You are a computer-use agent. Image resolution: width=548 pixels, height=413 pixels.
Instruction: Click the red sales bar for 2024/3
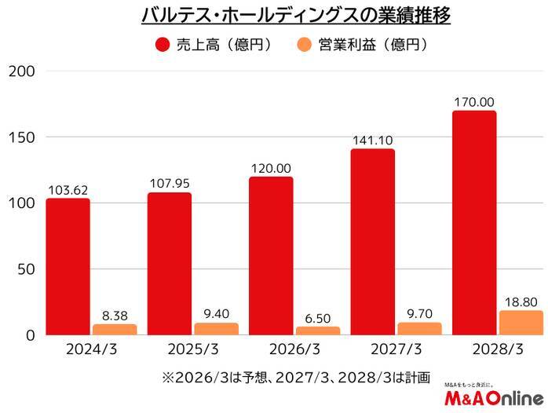[x=68, y=267]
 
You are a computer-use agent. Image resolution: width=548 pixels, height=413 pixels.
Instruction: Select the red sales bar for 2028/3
[x=474, y=223]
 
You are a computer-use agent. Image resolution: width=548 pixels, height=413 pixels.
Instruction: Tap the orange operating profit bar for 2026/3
[x=318, y=331]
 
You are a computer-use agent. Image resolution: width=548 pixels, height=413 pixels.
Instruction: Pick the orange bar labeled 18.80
[x=521, y=323]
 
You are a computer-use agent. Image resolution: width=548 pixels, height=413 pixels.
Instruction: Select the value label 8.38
[x=114, y=316]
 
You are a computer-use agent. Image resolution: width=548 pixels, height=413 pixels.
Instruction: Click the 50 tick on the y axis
[x=25, y=269]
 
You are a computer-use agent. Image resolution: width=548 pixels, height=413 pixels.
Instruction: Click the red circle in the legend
[x=163, y=45]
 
